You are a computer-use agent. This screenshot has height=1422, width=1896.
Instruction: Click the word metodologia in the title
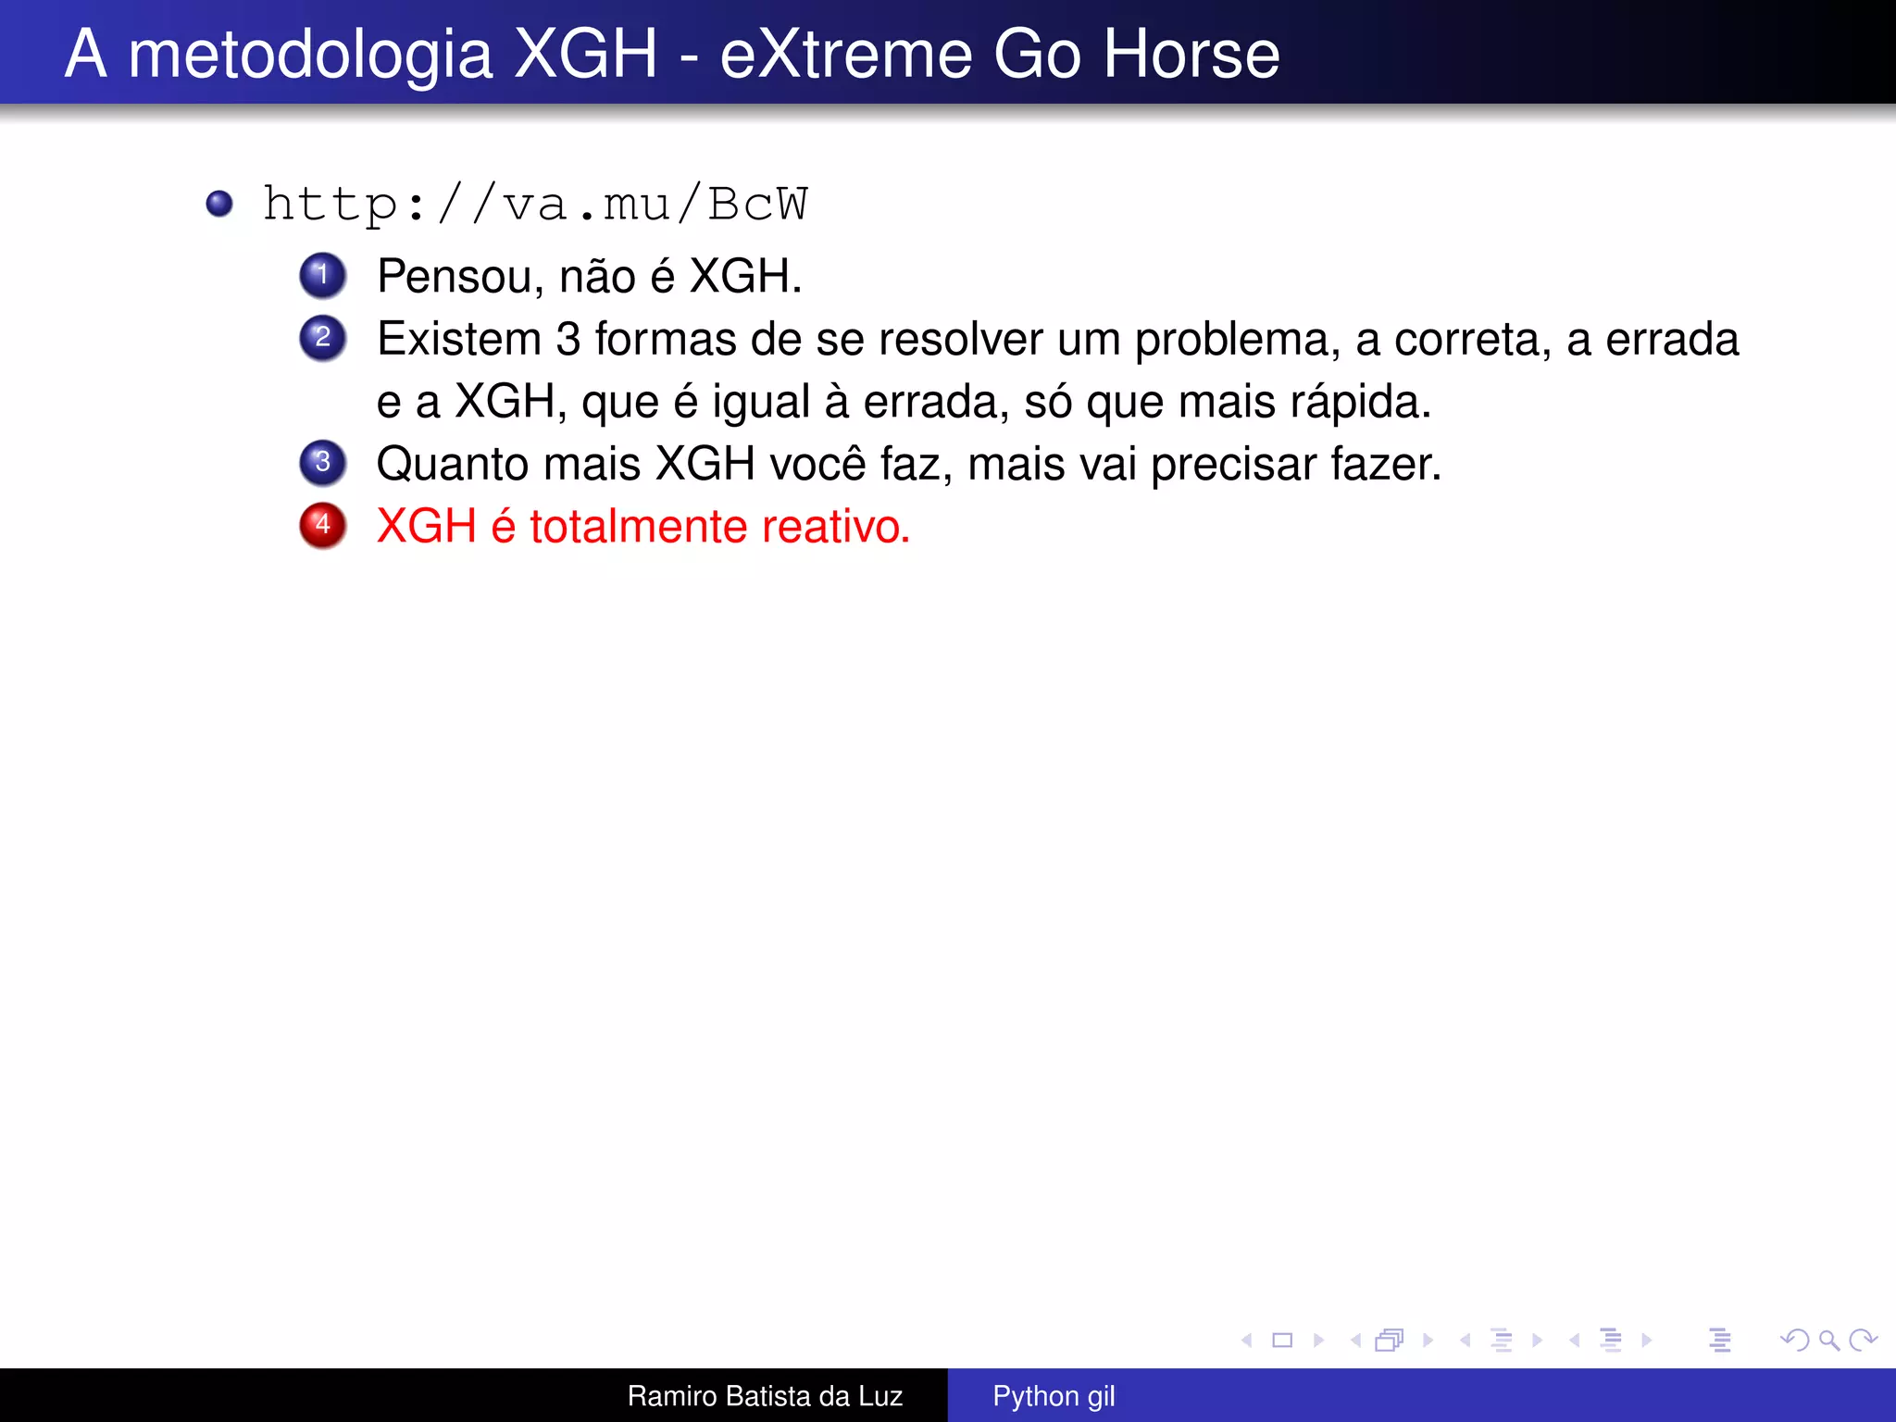click(x=310, y=56)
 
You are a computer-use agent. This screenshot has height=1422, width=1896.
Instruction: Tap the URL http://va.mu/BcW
click(x=535, y=204)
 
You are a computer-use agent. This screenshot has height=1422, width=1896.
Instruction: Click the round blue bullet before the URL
click(x=219, y=204)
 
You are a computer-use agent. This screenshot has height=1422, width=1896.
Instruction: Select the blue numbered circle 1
click(x=322, y=275)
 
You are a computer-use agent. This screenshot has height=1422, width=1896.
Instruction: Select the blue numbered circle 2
click(x=322, y=337)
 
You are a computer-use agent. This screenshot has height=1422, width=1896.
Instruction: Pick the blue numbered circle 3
click(x=322, y=462)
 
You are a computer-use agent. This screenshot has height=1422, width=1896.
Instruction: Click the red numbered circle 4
click(x=322, y=525)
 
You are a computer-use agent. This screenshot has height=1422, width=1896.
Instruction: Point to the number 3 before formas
click(x=568, y=339)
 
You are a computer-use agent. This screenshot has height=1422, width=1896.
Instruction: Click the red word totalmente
click(x=638, y=527)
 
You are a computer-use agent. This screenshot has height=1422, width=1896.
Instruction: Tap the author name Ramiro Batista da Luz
click(x=765, y=1396)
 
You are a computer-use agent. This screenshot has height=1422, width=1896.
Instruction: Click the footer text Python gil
click(x=1054, y=1396)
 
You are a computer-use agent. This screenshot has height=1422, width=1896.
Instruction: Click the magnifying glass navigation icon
click(x=1828, y=1341)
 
